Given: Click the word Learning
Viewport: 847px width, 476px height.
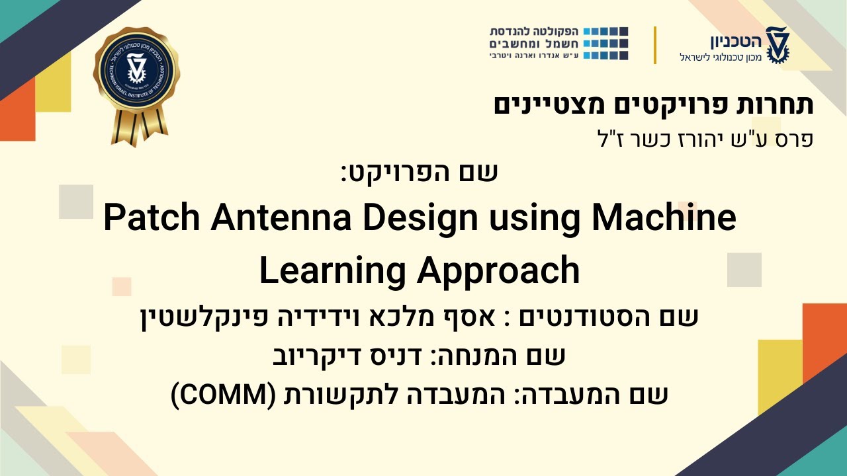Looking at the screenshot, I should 332,270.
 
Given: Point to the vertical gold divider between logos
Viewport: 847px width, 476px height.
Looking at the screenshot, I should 655,45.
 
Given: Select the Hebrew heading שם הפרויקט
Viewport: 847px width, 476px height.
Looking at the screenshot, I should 420,173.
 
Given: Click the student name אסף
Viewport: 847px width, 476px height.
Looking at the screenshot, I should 473,317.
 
